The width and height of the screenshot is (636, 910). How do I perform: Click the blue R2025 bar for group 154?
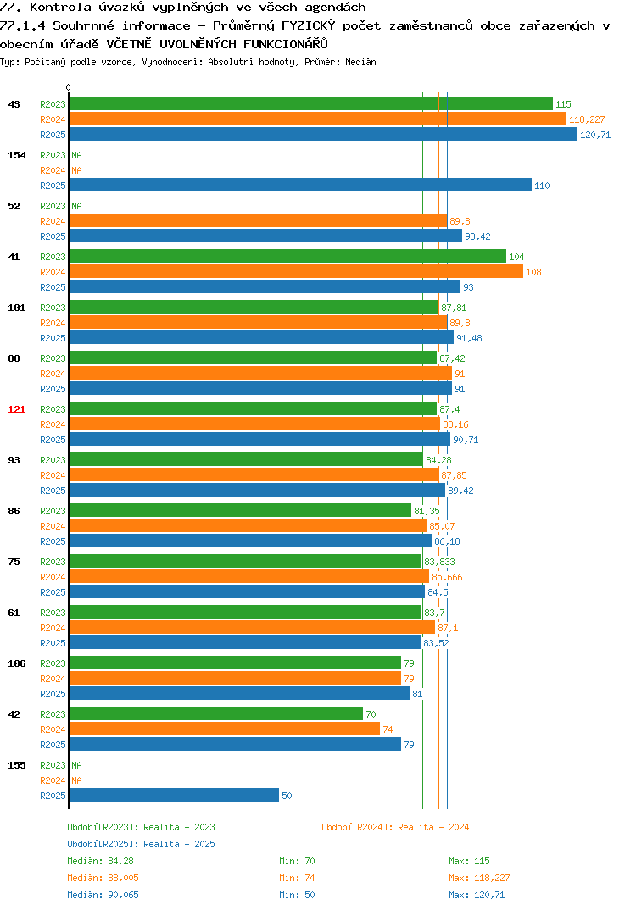coord(300,185)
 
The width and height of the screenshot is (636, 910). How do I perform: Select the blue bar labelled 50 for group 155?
coord(174,795)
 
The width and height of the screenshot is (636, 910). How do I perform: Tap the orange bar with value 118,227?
coord(318,119)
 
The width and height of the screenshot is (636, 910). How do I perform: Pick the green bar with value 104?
coord(287,257)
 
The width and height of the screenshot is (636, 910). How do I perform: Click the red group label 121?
coord(17,409)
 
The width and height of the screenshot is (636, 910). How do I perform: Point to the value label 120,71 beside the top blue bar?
coord(595,135)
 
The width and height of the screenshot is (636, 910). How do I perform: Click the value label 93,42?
coord(477,236)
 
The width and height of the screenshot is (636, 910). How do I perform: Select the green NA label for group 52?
coord(76,206)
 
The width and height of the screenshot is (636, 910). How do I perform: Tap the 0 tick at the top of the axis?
coord(69,87)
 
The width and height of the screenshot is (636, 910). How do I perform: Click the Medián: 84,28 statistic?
coord(100,861)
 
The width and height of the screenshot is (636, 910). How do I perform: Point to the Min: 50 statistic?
coord(297,895)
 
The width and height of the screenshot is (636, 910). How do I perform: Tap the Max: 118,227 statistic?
coord(479,878)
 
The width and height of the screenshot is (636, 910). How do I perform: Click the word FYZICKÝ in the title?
coord(309,25)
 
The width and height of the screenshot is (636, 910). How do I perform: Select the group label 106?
coord(17,663)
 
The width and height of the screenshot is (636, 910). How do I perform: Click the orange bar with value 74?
coord(224,729)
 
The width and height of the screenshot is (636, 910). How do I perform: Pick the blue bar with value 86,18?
coord(250,541)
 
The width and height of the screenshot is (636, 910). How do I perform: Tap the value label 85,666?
coord(447,577)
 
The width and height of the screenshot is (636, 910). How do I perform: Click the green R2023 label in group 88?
coord(53,358)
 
